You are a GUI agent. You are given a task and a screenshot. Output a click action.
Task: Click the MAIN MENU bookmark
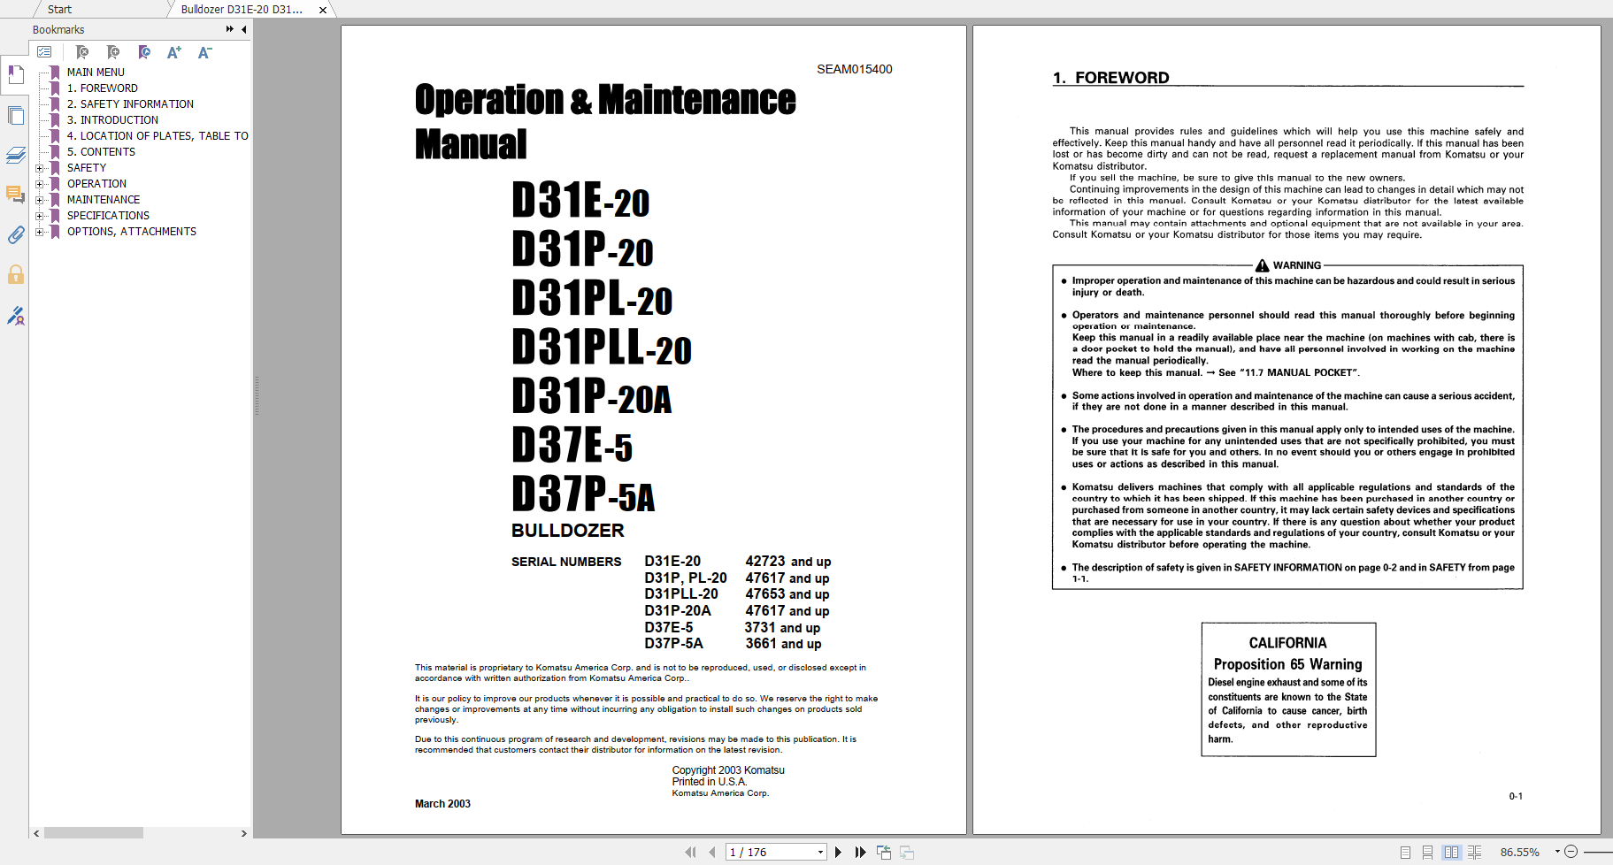[x=96, y=73]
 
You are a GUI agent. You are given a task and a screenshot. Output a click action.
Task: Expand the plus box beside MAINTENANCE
[x=39, y=200]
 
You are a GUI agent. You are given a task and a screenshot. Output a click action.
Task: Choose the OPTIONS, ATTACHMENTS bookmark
[x=131, y=232]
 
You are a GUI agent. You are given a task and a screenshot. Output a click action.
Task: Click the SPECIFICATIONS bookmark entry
[x=108, y=216]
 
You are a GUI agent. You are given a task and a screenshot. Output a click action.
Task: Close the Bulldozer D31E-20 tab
[x=323, y=10]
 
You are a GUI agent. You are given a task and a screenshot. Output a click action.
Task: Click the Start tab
[x=59, y=10]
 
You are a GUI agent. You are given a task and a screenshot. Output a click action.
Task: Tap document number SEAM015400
[x=854, y=69]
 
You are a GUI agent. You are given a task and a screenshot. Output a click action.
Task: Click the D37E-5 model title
[x=572, y=445]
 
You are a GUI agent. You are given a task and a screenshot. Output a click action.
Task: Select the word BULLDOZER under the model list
[x=567, y=531]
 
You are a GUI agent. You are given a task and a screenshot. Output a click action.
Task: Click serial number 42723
[x=765, y=562]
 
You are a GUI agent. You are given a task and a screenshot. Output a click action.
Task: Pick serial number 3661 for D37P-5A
[x=761, y=644]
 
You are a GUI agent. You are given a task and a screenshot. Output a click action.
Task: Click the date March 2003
[x=442, y=804]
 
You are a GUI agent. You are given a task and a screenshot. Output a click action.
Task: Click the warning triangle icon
[x=1262, y=265]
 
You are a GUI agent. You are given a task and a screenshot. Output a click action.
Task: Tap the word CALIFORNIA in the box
[x=1287, y=643]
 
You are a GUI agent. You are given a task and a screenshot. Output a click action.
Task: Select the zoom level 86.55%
[x=1519, y=853]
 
